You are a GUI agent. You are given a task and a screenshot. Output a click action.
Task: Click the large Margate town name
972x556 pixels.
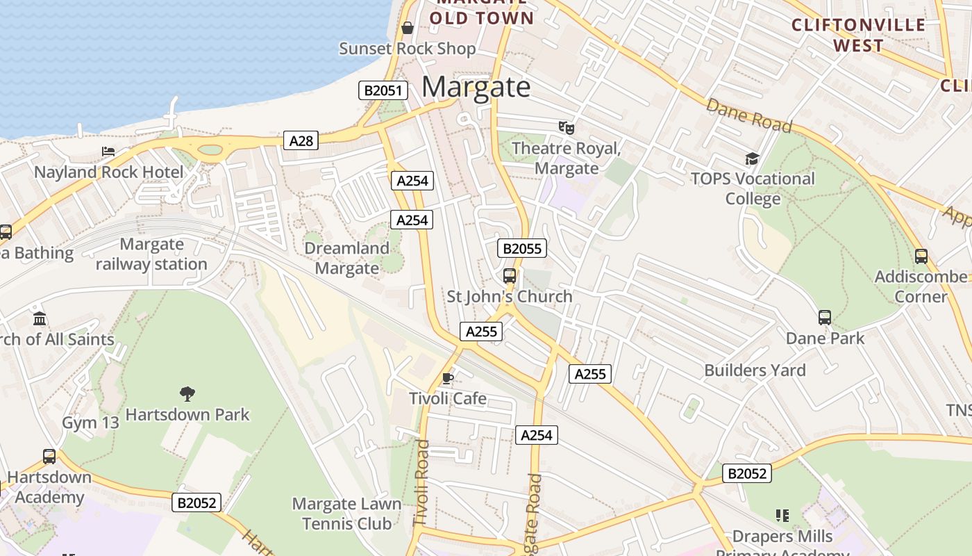476,88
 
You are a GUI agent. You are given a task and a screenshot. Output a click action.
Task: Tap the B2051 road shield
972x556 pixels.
383,90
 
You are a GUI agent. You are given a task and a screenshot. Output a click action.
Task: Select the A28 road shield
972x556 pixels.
301,141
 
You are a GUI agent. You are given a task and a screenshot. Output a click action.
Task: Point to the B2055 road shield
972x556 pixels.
521,249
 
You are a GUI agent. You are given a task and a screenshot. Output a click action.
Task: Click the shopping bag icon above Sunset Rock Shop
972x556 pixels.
408,28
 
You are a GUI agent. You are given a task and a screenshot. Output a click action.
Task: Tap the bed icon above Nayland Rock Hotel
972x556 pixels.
108,152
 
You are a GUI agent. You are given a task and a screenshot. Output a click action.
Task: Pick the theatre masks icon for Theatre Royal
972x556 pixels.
567,128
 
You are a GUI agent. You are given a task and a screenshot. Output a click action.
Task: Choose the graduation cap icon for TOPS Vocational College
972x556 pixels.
753,159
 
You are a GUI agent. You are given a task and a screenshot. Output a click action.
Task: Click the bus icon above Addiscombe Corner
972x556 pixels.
921,256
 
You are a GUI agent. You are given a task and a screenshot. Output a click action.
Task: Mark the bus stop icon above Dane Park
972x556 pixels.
825,318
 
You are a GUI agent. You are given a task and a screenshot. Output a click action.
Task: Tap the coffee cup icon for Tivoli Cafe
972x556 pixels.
448,379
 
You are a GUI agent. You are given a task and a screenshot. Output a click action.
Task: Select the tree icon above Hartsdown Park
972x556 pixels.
187,394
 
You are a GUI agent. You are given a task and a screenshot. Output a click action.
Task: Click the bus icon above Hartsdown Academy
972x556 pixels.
49,457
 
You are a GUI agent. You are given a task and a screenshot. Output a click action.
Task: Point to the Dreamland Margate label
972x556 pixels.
346,258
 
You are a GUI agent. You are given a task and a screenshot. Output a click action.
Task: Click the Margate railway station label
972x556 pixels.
151,254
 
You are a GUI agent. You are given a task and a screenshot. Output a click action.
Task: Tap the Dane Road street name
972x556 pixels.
749,115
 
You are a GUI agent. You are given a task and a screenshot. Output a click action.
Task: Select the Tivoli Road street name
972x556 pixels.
421,482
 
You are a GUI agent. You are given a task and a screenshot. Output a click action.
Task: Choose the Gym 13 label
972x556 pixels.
91,423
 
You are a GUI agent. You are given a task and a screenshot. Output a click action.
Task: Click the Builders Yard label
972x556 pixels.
755,370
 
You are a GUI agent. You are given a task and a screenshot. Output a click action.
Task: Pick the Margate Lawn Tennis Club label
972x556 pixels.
346,514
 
